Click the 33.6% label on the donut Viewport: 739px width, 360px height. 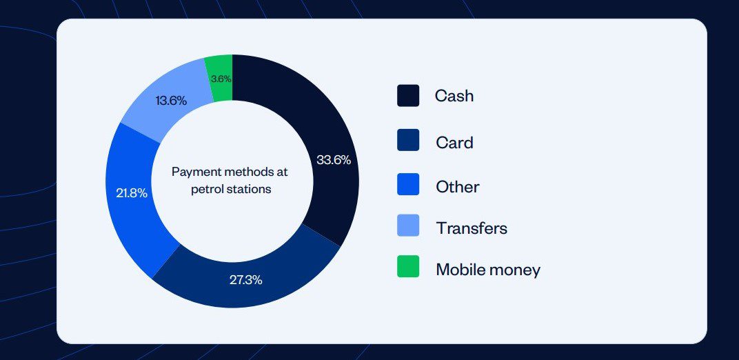(334, 160)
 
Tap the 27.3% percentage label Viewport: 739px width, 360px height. (245, 280)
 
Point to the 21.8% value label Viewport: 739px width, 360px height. (132, 193)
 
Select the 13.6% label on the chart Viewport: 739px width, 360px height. (171, 101)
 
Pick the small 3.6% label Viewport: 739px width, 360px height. (221, 79)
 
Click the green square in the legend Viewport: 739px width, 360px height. (408, 266)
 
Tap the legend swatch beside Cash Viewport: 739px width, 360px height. (408, 96)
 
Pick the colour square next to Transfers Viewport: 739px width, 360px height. (408, 226)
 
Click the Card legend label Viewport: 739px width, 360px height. (454, 143)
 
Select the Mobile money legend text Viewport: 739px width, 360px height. (487, 270)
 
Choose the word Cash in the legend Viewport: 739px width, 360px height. (454, 96)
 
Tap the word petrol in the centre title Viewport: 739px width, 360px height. (206, 188)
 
